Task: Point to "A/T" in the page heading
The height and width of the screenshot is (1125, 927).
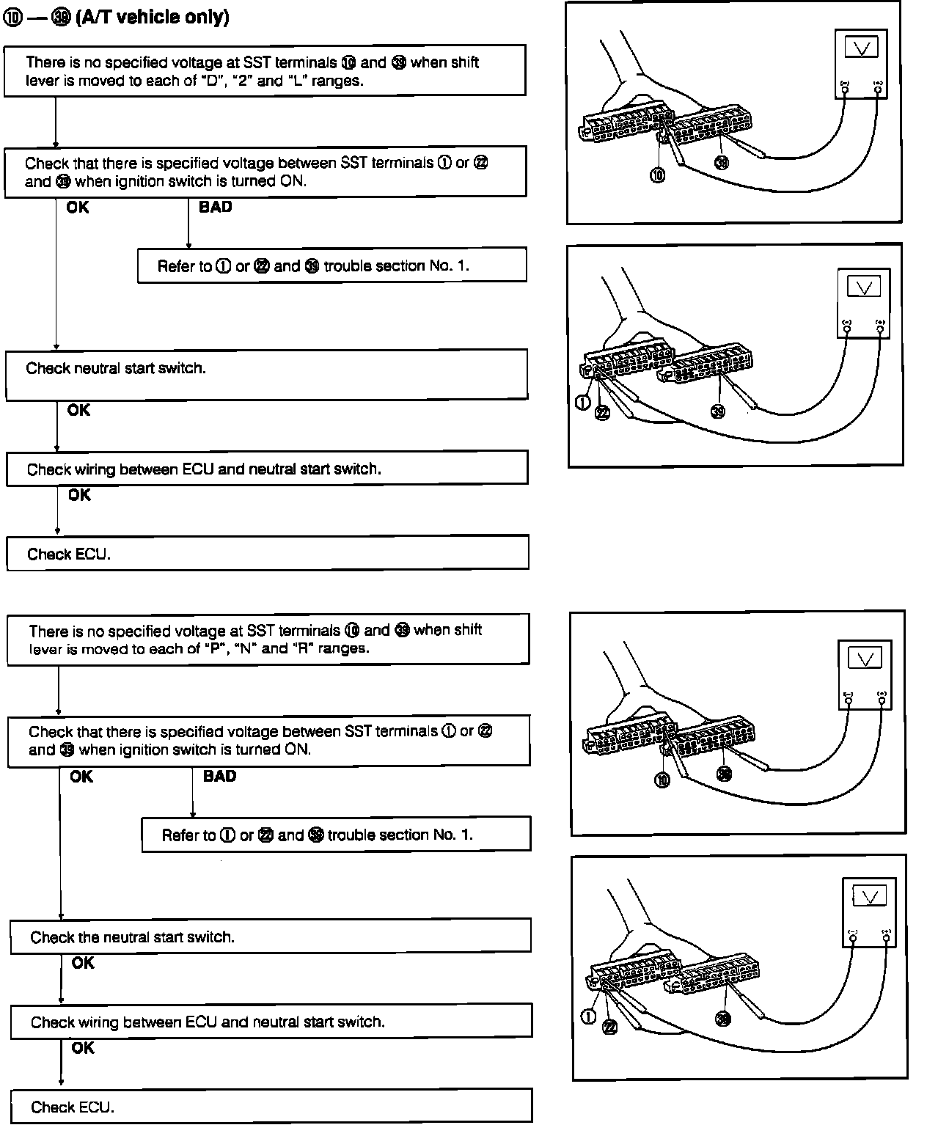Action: (95, 18)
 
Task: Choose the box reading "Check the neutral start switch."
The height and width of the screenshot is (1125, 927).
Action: (270, 937)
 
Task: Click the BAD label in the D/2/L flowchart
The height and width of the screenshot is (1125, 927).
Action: (215, 208)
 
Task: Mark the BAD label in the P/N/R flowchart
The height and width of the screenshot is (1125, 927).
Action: (219, 776)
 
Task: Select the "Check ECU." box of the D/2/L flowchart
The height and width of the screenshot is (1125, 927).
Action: (268, 554)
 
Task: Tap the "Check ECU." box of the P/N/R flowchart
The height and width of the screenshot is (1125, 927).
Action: (271, 1107)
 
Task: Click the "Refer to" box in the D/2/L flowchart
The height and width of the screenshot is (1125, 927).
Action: (331, 265)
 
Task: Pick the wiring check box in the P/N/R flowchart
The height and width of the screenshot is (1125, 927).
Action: (271, 1022)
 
